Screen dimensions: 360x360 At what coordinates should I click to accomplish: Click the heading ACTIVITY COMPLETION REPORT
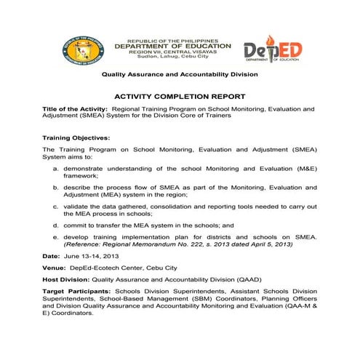(179, 96)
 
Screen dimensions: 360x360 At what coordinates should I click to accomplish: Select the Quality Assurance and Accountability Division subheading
(179, 75)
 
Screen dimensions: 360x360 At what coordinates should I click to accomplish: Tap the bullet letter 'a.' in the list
(56, 168)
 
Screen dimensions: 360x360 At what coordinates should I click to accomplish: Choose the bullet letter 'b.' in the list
(56, 188)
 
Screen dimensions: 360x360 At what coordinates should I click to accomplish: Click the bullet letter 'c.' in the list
(56, 207)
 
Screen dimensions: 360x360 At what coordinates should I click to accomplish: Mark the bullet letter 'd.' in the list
(56, 225)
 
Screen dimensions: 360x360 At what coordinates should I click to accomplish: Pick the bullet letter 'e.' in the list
(56, 237)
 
